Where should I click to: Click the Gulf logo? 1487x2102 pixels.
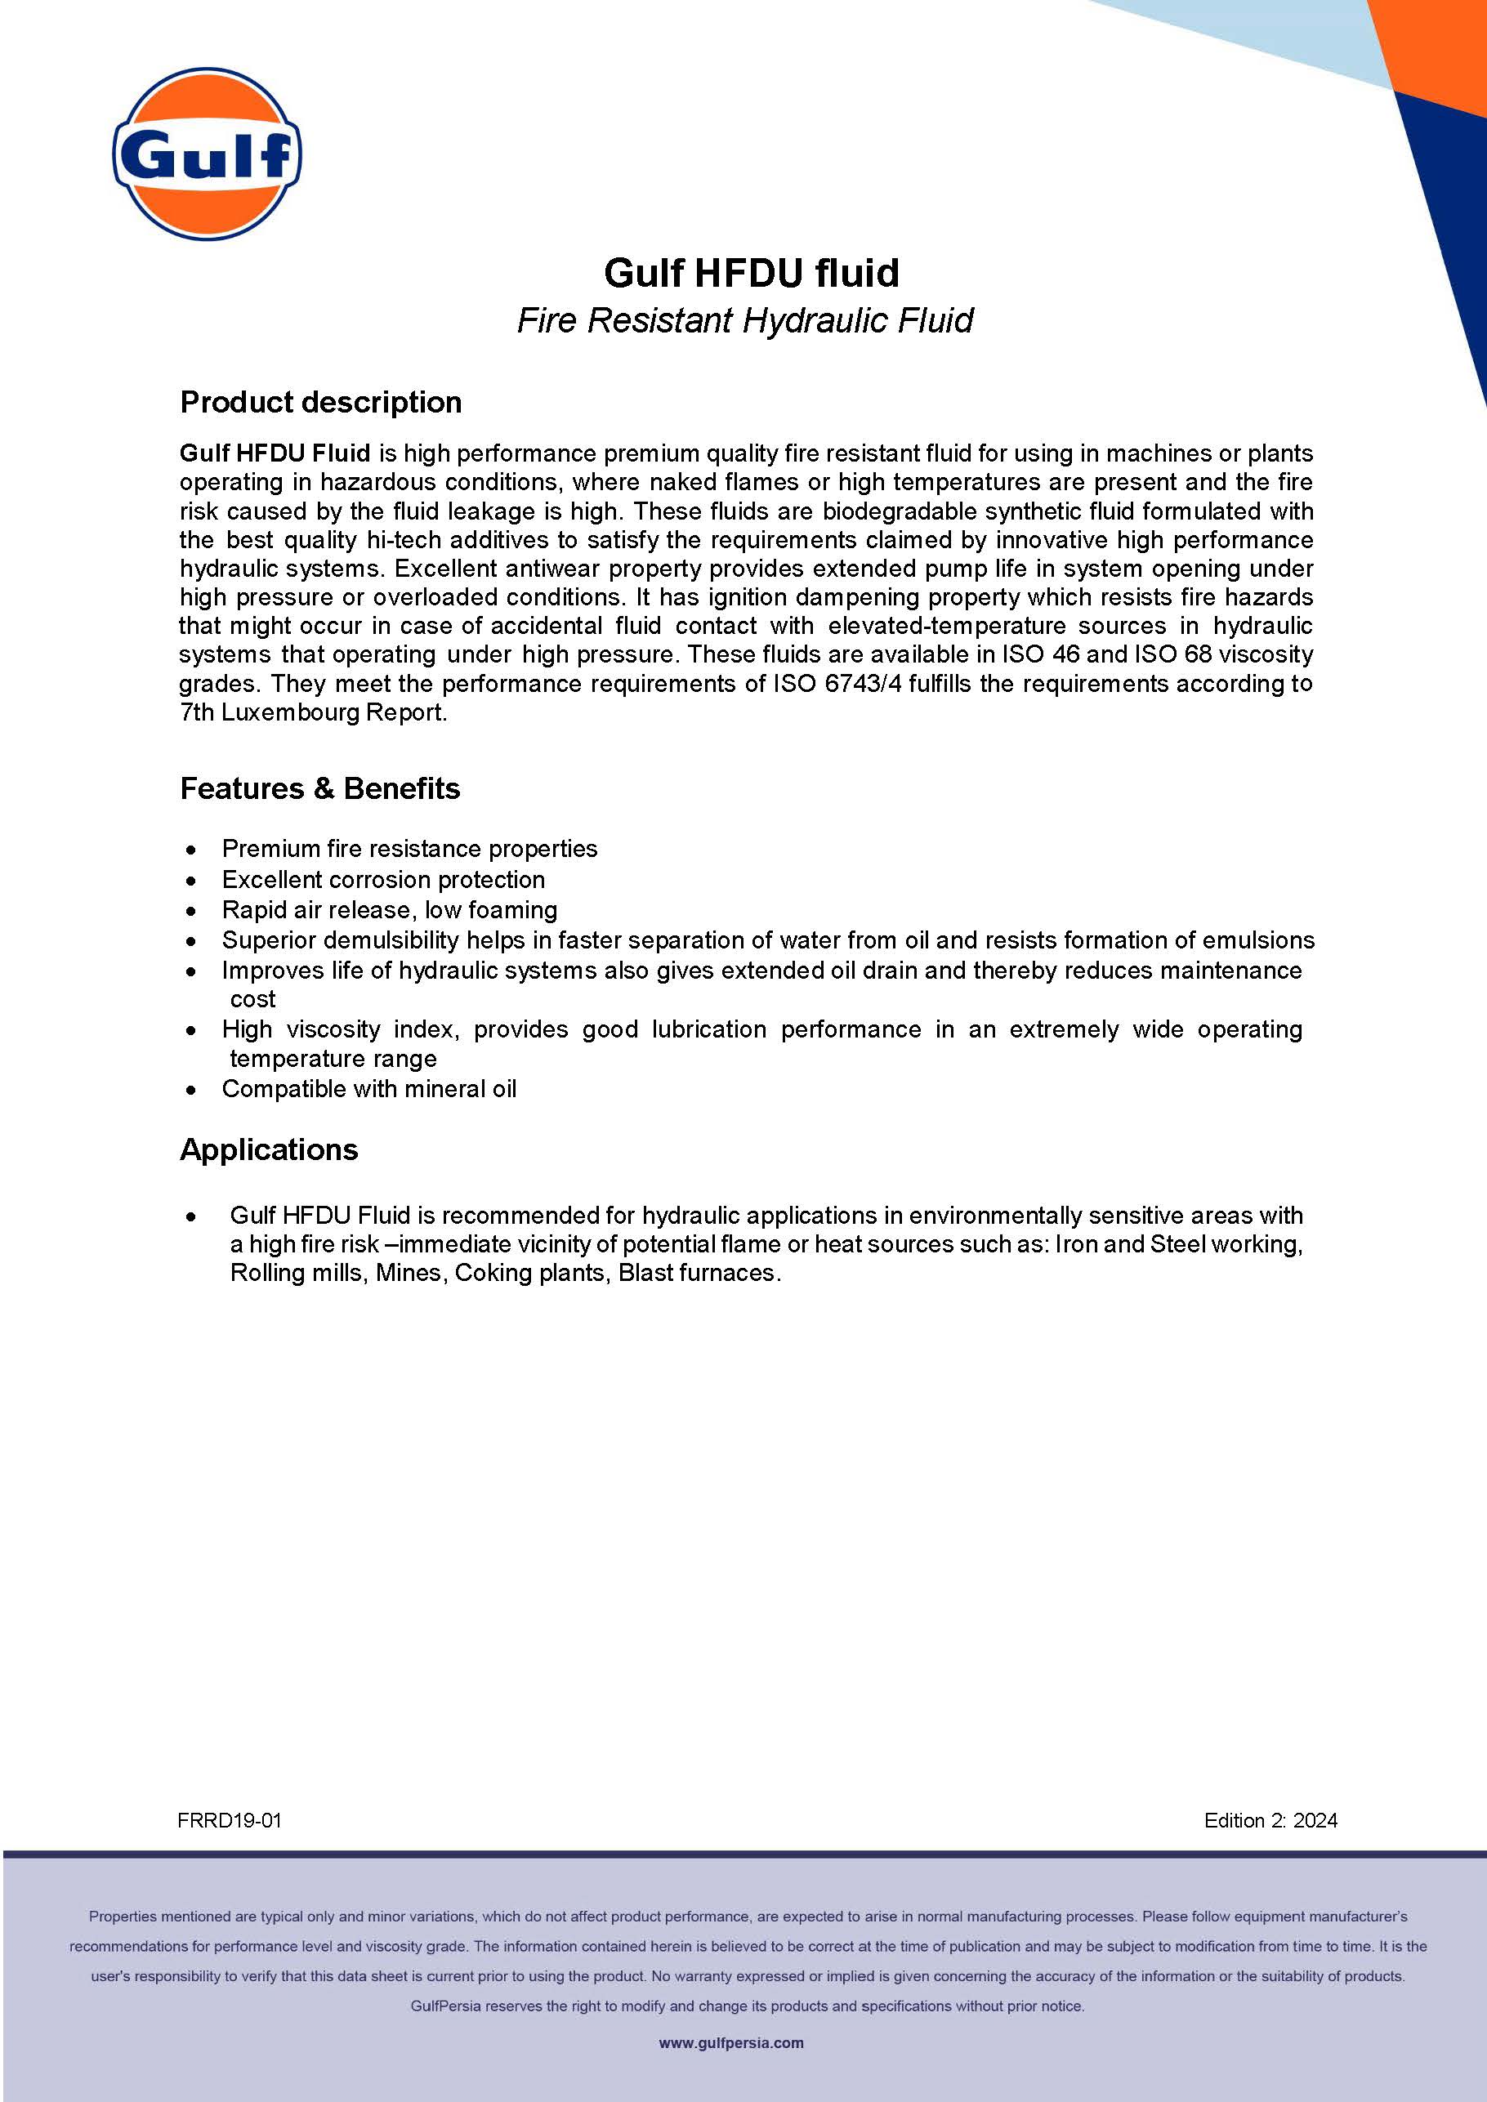pos(207,154)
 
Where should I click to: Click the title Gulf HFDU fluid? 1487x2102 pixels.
pos(751,273)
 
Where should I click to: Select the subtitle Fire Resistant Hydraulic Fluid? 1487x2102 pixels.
pos(744,320)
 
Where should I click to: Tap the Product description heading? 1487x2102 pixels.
pos(320,402)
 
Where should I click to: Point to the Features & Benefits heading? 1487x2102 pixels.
pos(319,788)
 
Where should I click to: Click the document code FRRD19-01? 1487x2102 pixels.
pos(229,1820)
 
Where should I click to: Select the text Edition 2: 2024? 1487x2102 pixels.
pos(1270,1820)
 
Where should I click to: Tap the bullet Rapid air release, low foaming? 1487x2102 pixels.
pos(389,909)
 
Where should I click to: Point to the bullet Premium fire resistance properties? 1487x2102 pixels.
pos(409,849)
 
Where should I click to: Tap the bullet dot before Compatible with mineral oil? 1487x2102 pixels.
pos(190,1090)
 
